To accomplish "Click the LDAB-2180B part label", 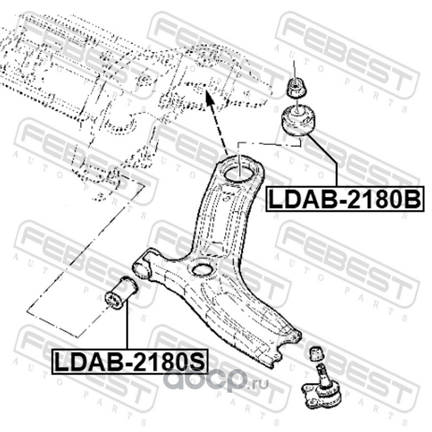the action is (x=344, y=198).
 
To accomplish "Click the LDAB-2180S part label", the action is (x=130, y=361).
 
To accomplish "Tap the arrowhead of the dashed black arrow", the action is (x=208, y=98).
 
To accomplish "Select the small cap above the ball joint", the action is (x=316, y=354).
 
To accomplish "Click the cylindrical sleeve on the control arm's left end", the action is (x=143, y=267).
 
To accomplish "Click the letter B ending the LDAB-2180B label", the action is (x=411, y=198).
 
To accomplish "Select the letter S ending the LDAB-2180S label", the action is (x=198, y=361).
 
